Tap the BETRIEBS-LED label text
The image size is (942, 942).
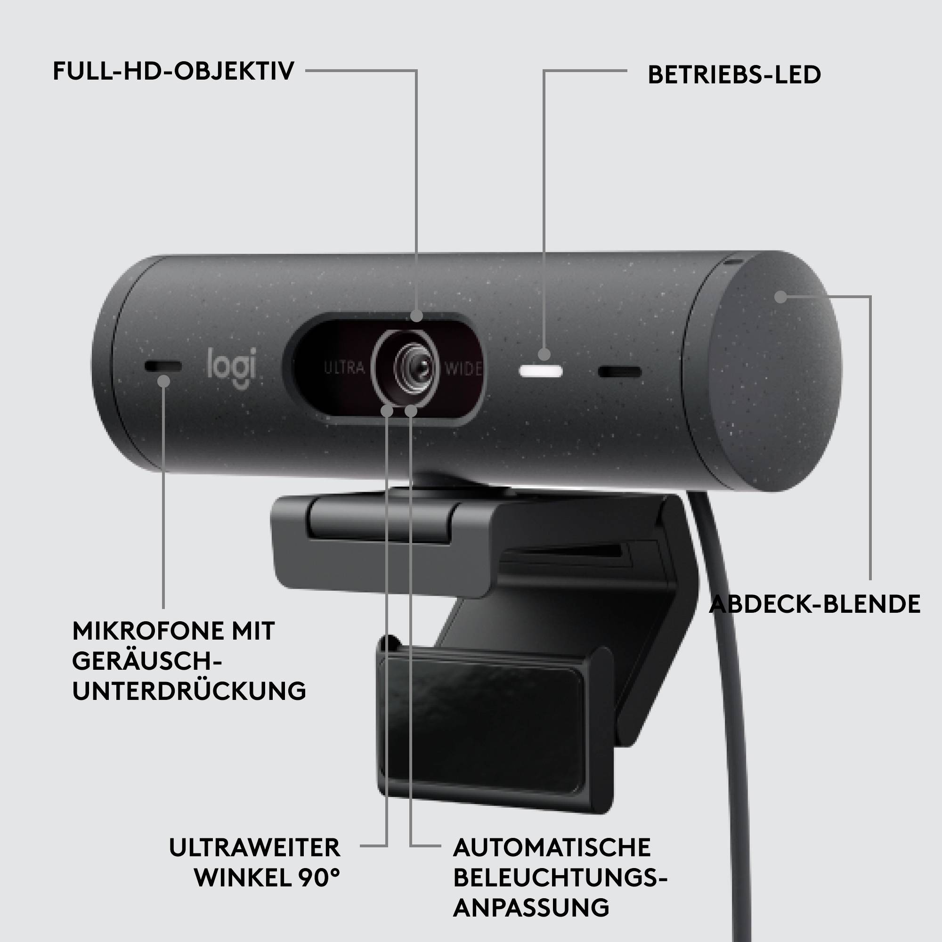tap(734, 75)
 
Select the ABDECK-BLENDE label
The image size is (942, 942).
tap(815, 604)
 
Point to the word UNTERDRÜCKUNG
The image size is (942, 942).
tap(189, 691)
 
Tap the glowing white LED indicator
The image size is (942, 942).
tap(541, 373)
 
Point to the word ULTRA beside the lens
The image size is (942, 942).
tap(344, 368)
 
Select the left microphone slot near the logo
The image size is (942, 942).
tap(163, 366)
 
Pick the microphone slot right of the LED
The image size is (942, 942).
tap(619, 373)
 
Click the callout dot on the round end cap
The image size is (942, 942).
tap(781, 296)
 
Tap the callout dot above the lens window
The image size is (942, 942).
tap(416, 316)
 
